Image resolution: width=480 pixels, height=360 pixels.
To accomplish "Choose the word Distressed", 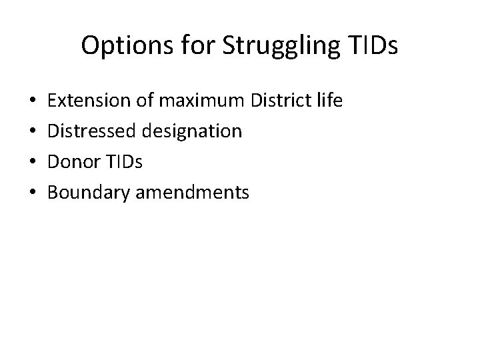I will click(x=94, y=131).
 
